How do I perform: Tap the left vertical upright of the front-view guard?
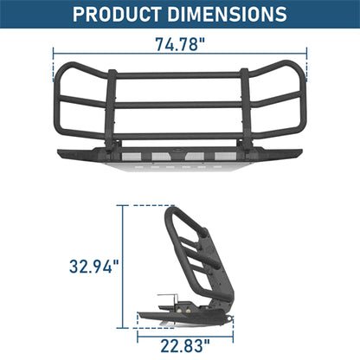(x=111, y=108)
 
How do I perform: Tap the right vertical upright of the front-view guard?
(x=249, y=108)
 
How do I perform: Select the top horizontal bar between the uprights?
(x=180, y=76)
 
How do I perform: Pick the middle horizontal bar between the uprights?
(x=180, y=105)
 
